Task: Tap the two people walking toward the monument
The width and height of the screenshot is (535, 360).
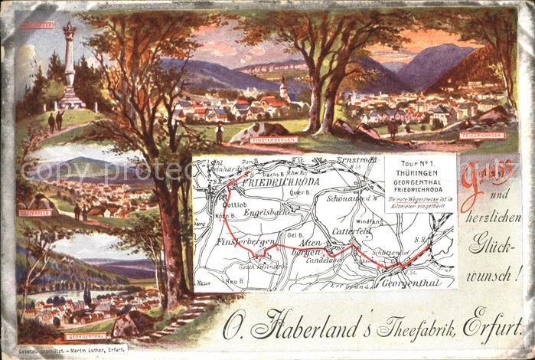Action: (56, 121)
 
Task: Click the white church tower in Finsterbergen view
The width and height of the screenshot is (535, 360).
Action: (284, 88)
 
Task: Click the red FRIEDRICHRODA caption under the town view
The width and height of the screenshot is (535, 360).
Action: (480, 135)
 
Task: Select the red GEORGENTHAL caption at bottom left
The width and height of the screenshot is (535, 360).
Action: (85, 336)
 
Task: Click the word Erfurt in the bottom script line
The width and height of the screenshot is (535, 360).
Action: (491, 328)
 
